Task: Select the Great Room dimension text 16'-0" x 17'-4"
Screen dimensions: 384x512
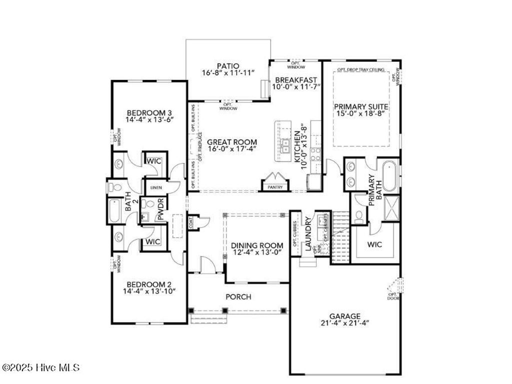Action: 225,149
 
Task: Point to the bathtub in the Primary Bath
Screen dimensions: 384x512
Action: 390,175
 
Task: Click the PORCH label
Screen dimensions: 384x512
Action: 238,296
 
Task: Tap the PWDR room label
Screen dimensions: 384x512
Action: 161,211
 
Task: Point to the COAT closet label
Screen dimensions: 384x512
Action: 191,223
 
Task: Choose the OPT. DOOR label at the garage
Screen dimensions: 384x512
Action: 393,296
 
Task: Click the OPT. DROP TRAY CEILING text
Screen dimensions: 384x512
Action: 360,69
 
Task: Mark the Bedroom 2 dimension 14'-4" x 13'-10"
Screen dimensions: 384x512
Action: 150,291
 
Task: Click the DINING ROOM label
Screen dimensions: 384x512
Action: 257,245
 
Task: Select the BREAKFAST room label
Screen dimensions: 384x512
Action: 295,79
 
